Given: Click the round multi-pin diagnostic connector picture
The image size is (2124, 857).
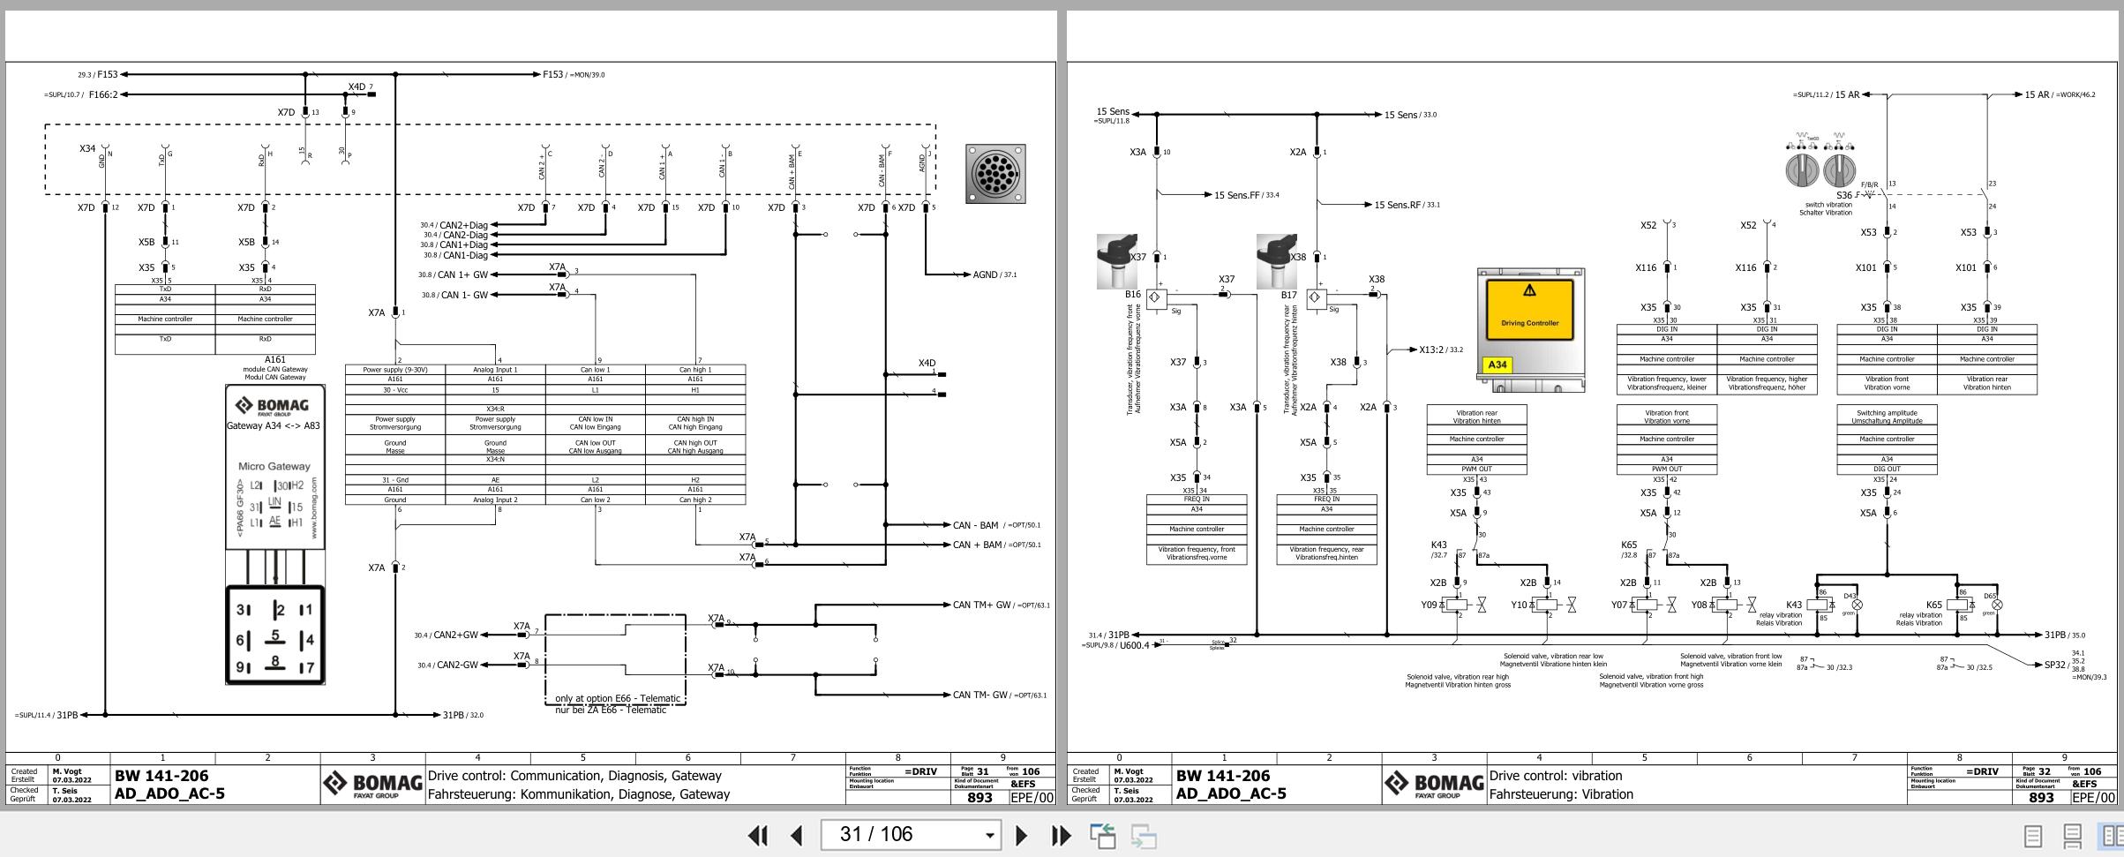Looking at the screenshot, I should [995, 174].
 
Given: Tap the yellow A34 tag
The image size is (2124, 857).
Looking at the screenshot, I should [1497, 365].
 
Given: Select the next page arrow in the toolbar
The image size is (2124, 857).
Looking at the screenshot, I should [1021, 835].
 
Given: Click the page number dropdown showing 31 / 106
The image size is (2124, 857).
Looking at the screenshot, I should [911, 835].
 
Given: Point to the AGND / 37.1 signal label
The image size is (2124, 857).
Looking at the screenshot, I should [994, 274].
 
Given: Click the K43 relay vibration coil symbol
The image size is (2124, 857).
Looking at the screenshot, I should [1817, 605].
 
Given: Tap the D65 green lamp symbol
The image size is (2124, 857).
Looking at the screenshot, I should [1997, 605].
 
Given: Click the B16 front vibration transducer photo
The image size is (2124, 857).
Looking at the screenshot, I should [1116, 261].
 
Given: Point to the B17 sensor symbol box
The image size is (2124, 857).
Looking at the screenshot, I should [1317, 297].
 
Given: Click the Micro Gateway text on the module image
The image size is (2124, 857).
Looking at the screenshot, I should [274, 466].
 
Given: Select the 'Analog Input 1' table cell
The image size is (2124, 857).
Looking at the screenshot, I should [495, 370].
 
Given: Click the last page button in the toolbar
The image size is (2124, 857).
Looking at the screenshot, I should [1062, 835].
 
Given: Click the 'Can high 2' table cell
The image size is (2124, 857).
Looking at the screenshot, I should [695, 500].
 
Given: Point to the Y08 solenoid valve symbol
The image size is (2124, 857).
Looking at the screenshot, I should [1729, 605].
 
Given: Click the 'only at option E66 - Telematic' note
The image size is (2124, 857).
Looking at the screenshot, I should [618, 698].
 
